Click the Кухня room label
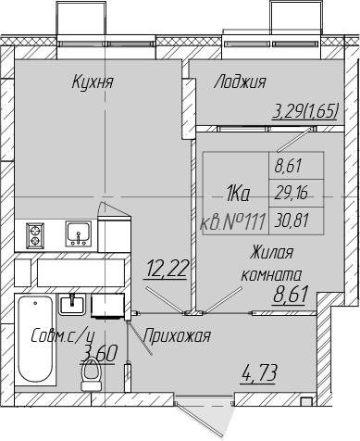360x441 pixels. [93, 82]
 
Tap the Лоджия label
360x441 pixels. [240, 82]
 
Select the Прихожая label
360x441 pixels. [177, 335]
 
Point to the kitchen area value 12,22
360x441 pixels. [167, 268]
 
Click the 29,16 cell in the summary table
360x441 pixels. [291, 194]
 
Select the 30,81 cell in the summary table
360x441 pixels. [292, 220]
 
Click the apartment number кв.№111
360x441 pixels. [233, 221]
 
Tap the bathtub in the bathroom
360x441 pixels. [35, 339]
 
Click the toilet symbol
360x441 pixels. [92, 375]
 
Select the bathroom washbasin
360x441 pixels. [72, 304]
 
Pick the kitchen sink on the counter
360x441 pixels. [79, 233]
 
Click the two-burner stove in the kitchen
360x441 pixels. [34, 235]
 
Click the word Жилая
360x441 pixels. [271, 253]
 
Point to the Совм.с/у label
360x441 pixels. [63, 336]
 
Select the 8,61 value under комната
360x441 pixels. [291, 295]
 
